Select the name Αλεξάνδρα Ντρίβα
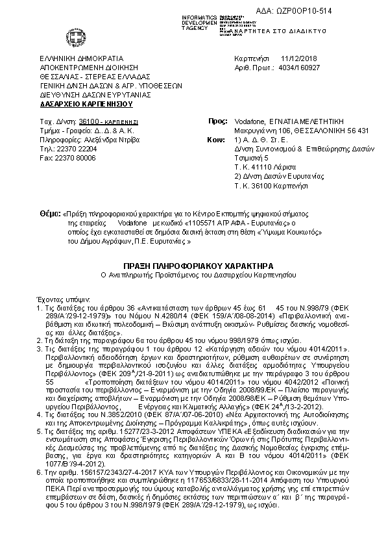tap(100, 139)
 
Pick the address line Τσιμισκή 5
tap(251, 157)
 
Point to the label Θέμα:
tap(49, 212)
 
